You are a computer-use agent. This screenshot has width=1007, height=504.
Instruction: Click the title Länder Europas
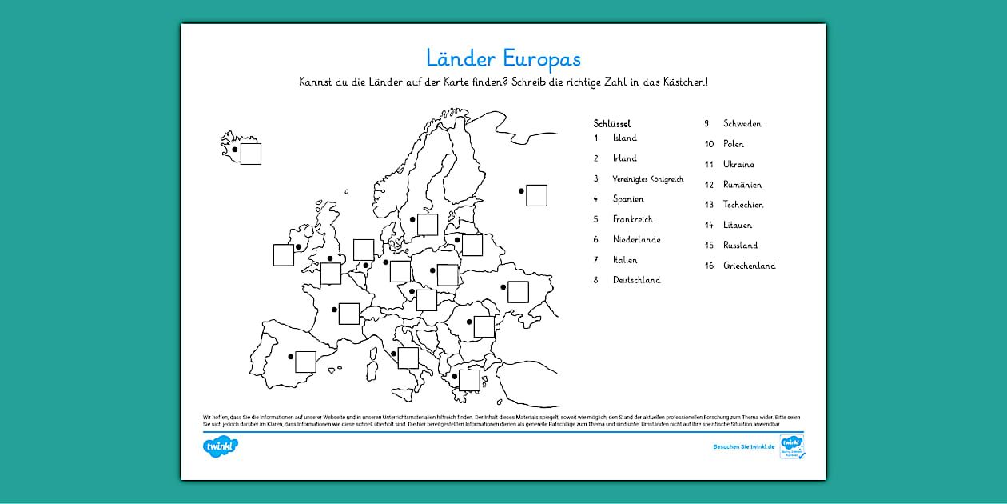(x=503, y=58)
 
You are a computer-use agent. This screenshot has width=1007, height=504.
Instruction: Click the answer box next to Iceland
(x=251, y=154)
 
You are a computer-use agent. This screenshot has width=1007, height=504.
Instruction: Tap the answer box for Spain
(x=305, y=362)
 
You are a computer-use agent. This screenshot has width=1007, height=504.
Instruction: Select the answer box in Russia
(x=536, y=195)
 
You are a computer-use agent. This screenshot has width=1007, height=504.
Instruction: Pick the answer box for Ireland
(x=284, y=255)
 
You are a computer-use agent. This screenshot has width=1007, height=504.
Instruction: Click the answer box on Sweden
(x=428, y=225)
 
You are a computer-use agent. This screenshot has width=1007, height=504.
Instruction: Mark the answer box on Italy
(x=408, y=358)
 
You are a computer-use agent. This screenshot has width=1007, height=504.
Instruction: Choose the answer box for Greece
(x=469, y=380)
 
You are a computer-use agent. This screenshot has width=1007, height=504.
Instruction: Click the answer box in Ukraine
(x=518, y=292)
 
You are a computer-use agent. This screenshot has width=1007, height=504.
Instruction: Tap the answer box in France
(x=348, y=314)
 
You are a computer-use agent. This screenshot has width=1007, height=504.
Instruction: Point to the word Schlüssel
(x=612, y=123)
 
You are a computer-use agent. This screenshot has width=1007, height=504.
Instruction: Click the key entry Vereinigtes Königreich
(x=647, y=179)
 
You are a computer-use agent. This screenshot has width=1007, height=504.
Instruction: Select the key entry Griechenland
(x=749, y=266)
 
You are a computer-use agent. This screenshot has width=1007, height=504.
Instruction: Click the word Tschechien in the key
(x=743, y=205)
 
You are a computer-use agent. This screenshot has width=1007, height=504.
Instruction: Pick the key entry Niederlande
(x=636, y=239)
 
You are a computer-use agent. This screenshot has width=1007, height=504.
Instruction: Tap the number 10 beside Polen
(x=708, y=144)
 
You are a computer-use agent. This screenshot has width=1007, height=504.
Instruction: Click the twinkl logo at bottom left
(x=221, y=446)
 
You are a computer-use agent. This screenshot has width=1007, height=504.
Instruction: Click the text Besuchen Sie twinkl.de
(x=743, y=446)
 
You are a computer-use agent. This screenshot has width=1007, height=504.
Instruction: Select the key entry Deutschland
(x=636, y=280)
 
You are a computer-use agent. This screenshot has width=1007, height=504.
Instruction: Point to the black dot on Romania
(x=469, y=322)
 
